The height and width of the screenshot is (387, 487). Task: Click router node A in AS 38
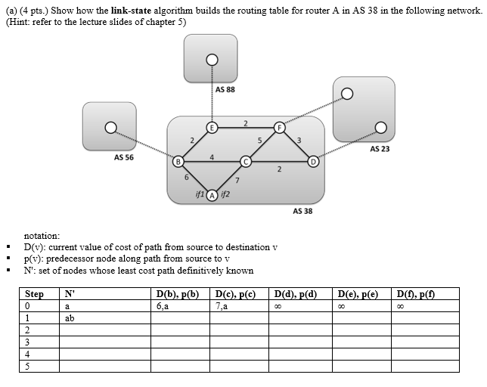coord(212,194)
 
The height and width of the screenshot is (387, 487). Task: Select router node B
coord(178,161)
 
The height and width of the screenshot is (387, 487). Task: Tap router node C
coord(245,161)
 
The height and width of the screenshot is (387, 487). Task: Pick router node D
coord(313,161)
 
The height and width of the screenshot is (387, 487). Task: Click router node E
coord(212,128)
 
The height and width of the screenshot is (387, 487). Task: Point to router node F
coord(279,128)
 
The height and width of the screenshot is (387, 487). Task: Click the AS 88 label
coord(225,89)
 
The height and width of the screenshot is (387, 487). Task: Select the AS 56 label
coord(124,157)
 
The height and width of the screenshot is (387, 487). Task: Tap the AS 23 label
coord(380,149)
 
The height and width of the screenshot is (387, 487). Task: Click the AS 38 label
coord(302,211)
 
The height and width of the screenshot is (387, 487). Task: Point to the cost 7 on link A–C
coord(237,181)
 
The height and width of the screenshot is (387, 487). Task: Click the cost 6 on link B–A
coord(187,178)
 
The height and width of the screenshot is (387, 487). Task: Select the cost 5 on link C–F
coord(259,140)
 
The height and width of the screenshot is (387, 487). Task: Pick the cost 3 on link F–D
coord(299,139)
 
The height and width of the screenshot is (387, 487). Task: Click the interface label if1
coord(199,194)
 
